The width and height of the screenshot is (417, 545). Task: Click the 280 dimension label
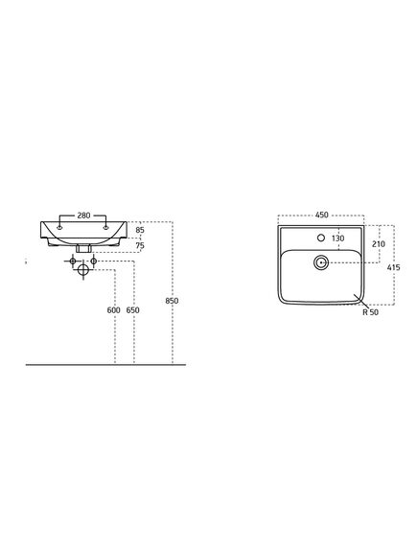83,216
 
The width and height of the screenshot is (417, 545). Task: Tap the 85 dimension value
140,230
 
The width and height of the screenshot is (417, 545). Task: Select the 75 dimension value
140,246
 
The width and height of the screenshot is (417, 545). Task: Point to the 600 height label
113,310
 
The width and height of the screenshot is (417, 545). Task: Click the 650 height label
133,310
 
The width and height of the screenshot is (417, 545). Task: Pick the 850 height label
172,301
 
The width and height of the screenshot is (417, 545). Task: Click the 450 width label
322,215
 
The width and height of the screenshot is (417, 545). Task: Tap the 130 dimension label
338,238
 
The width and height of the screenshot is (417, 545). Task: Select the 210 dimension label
379,244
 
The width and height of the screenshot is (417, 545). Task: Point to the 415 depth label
394,267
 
